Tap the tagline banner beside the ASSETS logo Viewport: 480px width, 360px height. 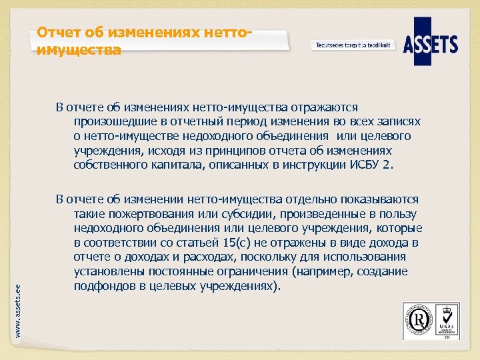point(353,45)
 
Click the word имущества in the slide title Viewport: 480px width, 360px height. point(79,50)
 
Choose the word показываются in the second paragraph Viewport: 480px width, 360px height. point(379,199)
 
